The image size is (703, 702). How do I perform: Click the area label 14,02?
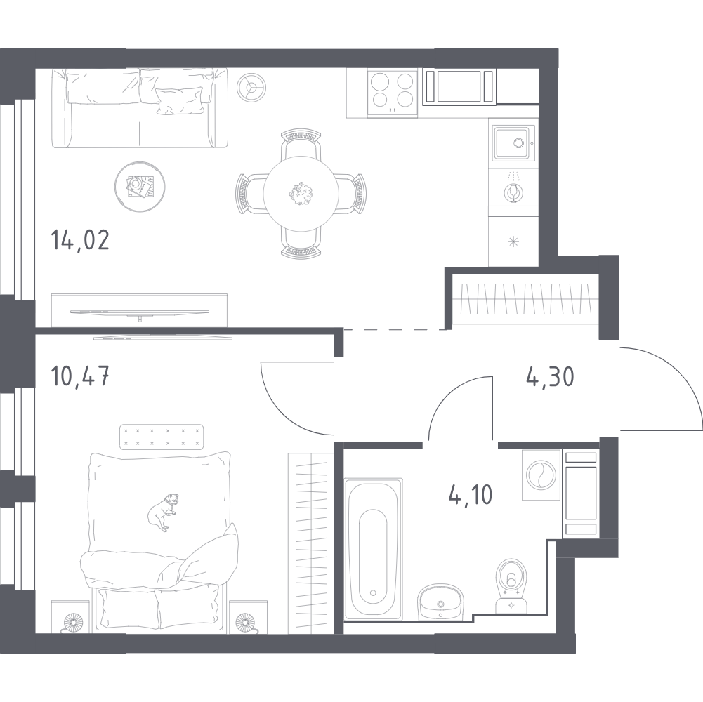(80, 241)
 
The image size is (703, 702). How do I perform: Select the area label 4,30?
(550, 377)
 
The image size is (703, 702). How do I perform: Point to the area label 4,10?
(471, 494)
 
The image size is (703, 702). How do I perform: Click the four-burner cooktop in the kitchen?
(392, 91)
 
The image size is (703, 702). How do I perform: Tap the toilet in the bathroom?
(511, 586)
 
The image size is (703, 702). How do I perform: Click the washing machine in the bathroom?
(541, 475)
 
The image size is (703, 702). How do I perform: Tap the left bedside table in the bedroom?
(72, 618)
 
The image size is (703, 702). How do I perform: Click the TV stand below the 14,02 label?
(139, 309)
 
